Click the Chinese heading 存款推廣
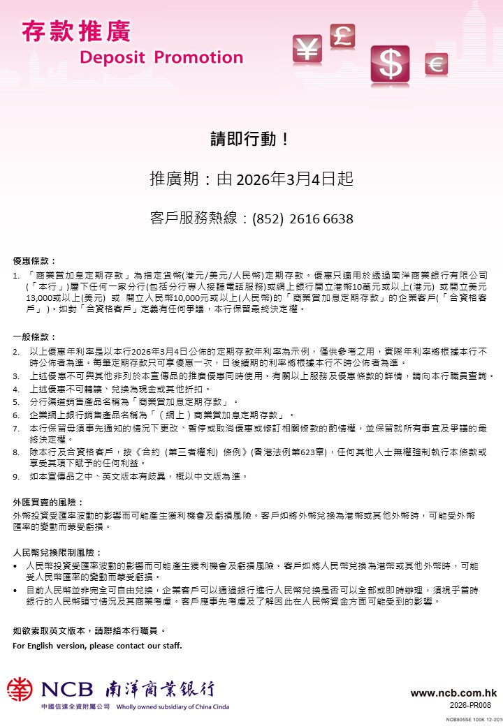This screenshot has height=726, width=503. coord(76,31)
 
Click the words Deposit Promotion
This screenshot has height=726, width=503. coord(161,57)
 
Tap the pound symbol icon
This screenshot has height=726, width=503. coord(342,35)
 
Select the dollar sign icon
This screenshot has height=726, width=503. coord(390,64)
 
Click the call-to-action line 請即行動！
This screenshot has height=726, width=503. coord(250,138)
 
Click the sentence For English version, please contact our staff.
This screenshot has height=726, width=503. coord(97,646)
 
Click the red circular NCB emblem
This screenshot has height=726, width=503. coord(20,689)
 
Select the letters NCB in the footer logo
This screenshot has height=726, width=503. coord(66,690)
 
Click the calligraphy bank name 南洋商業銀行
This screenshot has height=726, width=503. coord(160,689)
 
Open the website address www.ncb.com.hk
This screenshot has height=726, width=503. coord(453,693)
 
